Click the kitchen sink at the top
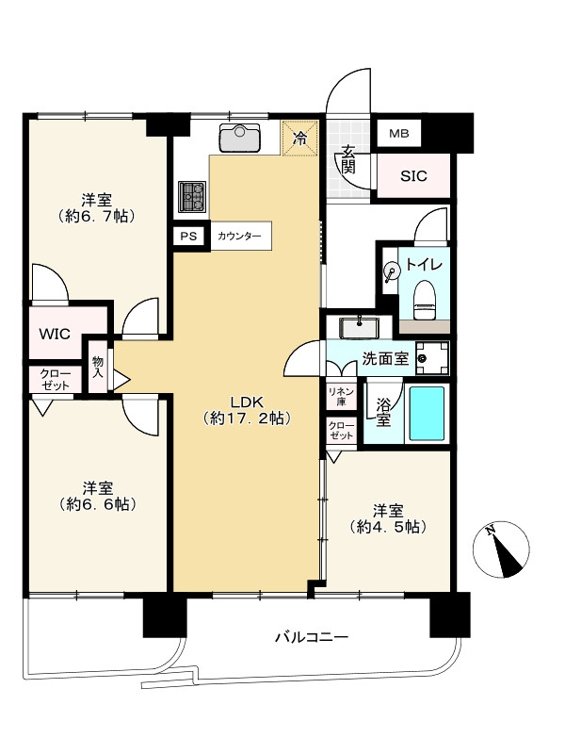click(240, 138)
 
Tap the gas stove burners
click(192, 197)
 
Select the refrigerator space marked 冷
click(300, 138)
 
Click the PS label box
click(188, 237)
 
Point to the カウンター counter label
click(239, 237)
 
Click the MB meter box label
click(398, 133)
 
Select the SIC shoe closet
click(413, 175)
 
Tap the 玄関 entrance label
click(348, 159)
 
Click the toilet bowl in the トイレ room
click(425, 299)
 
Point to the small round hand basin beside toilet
click(392, 271)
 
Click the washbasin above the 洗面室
click(359, 327)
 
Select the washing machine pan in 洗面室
click(432, 358)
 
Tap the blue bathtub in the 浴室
click(427, 414)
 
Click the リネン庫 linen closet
click(341, 397)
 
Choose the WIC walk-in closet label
click(55, 334)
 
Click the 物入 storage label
click(98, 367)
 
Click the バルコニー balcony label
click(312, 638)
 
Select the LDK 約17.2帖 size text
click(247, 410)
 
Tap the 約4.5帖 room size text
click(388, 527)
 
